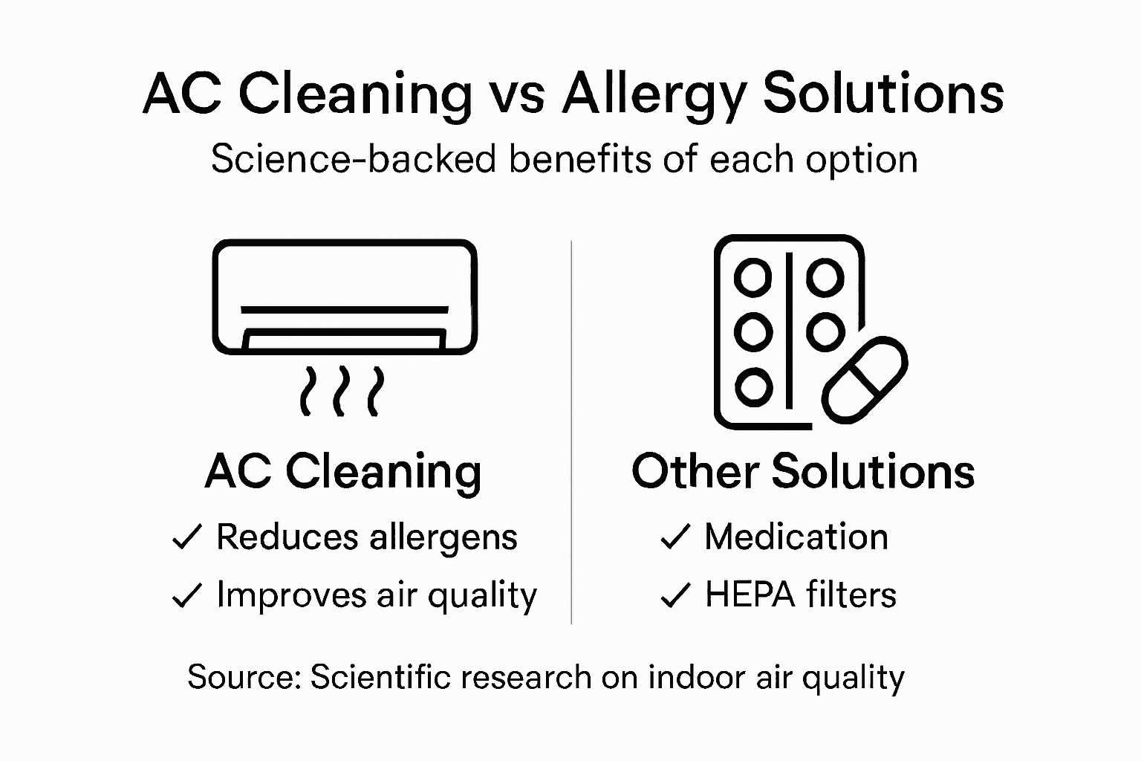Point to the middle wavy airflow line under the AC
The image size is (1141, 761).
[x=342, y=390]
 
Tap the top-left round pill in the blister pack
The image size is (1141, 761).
[x=752, y=278]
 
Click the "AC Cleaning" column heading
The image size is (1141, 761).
[x=343, y=471]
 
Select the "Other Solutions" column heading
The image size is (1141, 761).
[x=803, y=471]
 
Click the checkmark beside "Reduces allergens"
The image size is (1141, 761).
[x=186, y=537]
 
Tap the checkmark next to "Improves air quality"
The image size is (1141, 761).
[x=186, y=595]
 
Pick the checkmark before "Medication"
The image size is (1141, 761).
[x=675, y=537]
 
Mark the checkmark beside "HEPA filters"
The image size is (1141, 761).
[x=675, y=595]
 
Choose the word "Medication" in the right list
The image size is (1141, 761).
[x=796, y=537]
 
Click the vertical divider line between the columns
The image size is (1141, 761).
[x=570, y=431]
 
